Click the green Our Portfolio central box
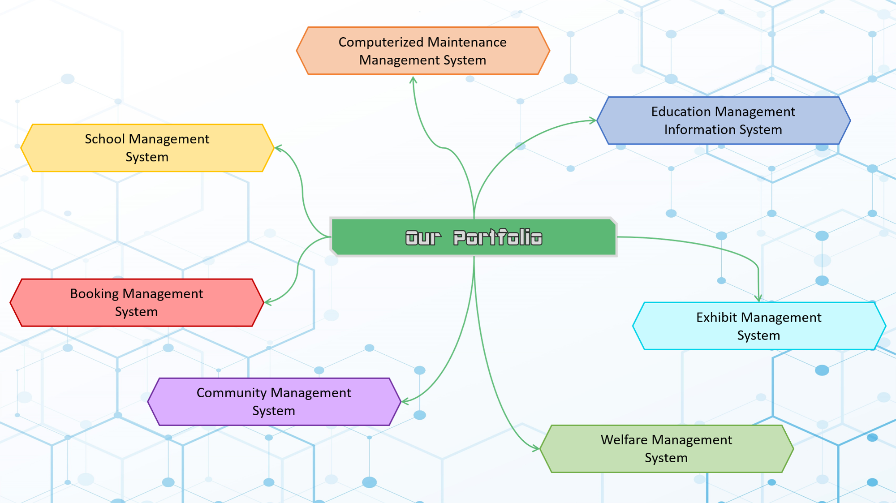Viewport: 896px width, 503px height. point(474,237)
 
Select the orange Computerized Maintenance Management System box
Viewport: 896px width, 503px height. point(423,51)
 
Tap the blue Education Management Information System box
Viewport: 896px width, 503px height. point(723,120)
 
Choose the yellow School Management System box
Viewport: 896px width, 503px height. point(147,148)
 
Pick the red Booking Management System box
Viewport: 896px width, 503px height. point(137,303)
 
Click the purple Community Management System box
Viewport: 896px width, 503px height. point(274,402)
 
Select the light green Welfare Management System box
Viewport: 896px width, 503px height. point(666,449)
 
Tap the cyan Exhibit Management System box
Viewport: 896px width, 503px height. point(758,326)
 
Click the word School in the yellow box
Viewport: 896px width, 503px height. point(105,139)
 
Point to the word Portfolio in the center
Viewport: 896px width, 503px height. point(497,237)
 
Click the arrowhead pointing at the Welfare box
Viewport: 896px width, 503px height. point(536,447)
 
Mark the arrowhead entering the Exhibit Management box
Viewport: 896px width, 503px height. point(758,298)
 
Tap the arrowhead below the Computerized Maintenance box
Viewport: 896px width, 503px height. point(414,80)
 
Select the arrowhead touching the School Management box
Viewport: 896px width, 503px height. point(278,148)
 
